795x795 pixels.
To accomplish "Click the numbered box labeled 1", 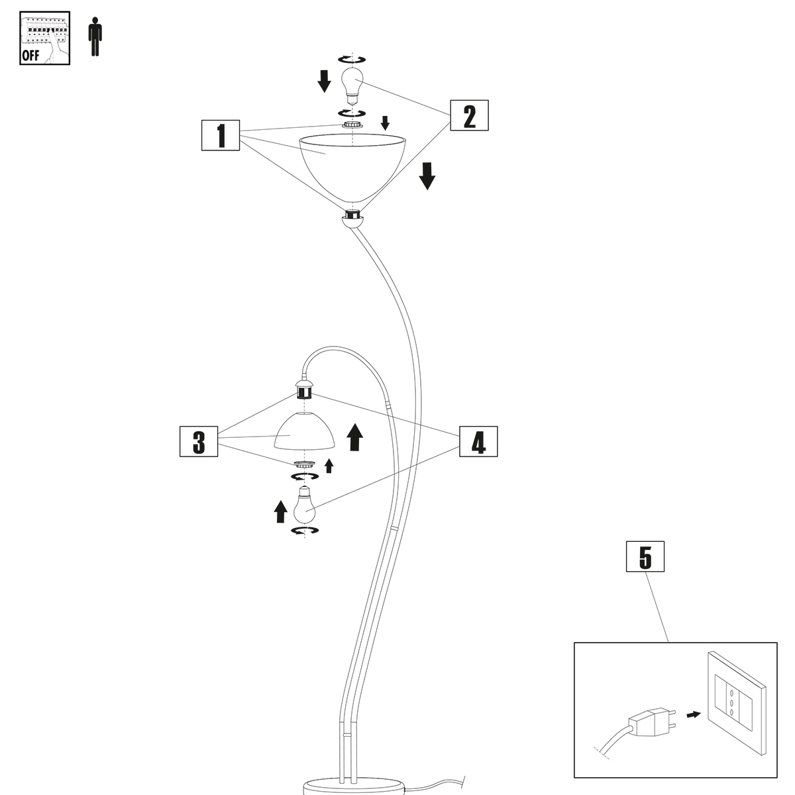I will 220,136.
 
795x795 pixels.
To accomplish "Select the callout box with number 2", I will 469,116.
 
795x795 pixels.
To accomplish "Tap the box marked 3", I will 199,442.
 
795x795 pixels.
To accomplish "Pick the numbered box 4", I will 478,442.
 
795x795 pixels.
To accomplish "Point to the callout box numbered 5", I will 645,557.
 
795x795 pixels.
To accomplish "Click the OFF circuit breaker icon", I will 44,38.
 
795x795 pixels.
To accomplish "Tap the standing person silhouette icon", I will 96,38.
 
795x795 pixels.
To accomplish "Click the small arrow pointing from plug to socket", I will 693,715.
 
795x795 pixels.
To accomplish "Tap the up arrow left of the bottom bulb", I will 281,511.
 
